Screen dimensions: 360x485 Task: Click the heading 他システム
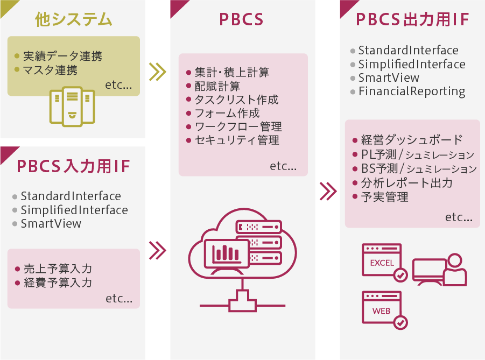(x=73, y=20)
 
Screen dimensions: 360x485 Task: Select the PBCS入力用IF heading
(x=73, y=166)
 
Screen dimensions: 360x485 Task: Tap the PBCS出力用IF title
(x=413, y=20)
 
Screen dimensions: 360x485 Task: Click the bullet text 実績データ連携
(x=62, y=56)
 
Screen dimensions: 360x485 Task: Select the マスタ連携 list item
(x=50, y=70)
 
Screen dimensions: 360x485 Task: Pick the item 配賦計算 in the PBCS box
(x=217, y=86)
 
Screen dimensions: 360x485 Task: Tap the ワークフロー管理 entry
(x=238, y=127)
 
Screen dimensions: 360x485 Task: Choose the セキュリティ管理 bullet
(x=237, y=140)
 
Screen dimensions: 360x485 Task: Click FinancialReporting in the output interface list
(x=412, y=91)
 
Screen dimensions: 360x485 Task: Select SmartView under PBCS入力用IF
(x=51, y=223)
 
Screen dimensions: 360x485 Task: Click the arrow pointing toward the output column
(x=328, y=190)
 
